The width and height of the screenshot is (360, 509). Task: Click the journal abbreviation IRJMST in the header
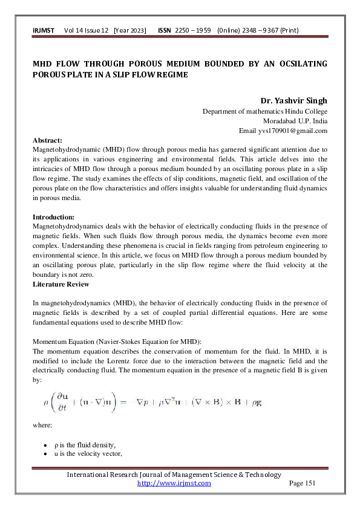click(43, 30)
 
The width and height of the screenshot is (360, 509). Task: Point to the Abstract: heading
click(47, 139)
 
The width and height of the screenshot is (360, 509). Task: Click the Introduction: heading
click(53, 216)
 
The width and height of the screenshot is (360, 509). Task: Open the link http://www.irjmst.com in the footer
click(174, 483)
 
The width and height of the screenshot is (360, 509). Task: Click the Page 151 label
click(303, 483)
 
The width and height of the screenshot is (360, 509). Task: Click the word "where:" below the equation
click(41, 425)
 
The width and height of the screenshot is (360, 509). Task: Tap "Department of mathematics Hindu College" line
click(264, 111)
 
